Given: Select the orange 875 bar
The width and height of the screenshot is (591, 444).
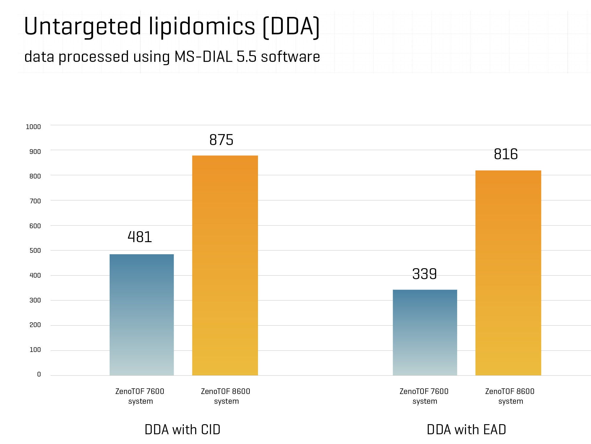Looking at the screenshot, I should (x=225, y=265).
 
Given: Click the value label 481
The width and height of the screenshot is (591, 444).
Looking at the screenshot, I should (x=140, y=237).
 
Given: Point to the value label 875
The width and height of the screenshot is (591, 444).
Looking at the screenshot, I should (x=221, y=140).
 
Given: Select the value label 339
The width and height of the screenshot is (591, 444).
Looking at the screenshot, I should (x=424, y=274).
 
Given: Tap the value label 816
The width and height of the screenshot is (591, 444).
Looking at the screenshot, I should (x=506, y=154).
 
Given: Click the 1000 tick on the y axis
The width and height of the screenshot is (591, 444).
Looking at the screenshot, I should (x=33, y=127).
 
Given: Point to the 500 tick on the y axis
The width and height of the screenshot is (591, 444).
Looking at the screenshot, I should (x=35, y=250).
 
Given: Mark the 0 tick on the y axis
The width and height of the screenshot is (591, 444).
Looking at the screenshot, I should (x=39, y=374).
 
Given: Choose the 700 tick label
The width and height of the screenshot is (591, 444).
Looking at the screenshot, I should (x=35, y=201).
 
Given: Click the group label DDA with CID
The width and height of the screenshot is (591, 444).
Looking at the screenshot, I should (x=182, y=429).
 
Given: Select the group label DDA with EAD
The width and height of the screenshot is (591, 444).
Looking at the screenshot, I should (x=466, y=429).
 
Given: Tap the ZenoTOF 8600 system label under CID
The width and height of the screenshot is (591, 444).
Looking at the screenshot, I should (x=226, y=396).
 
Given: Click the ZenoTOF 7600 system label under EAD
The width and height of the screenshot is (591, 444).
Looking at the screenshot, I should (x=424, y=396).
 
